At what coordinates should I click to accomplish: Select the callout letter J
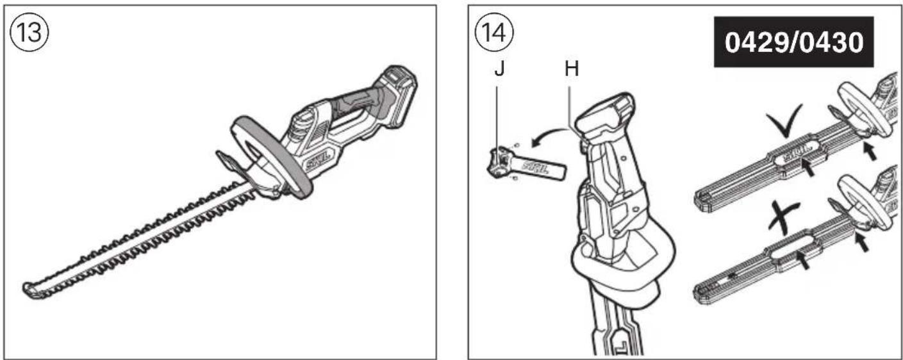pos(499,69)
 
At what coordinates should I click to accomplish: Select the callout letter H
pos(571,69)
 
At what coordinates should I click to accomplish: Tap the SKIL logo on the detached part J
pos(540,167)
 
